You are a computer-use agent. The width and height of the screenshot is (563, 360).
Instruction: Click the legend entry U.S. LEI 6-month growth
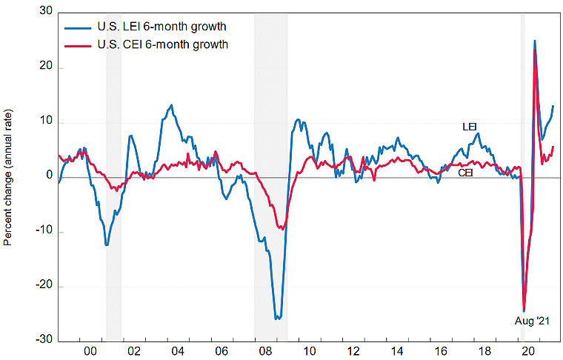click(161, 27)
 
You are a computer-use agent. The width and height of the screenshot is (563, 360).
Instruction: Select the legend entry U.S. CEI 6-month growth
click(162, 44)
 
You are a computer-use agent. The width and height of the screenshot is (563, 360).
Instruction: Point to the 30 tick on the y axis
click(47, 13)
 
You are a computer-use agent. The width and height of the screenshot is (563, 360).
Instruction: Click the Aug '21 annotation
click(533, 321)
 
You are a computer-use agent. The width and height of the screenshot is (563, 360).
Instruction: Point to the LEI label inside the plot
click(470, 127)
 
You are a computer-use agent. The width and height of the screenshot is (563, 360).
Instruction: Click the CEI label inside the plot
click(466, 173)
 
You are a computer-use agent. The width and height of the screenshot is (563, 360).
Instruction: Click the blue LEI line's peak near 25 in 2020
click(534, 41)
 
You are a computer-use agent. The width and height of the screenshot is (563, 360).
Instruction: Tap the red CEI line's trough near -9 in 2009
click(282, 229)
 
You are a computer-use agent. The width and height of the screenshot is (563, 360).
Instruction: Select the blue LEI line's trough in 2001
click(107, 244)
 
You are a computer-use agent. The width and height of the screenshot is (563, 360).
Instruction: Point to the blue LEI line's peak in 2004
click(172, 105)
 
